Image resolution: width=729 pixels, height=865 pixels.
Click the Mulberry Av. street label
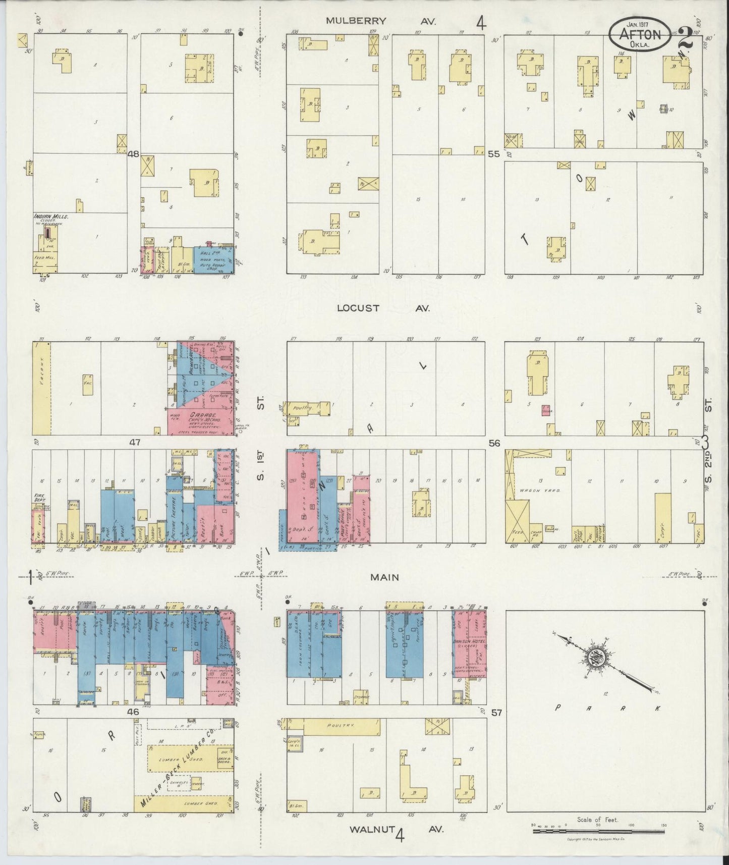pyautogui.click(x=373, y=21)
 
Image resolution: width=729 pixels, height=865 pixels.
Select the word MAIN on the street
pyautogui.click(x=384, y=577)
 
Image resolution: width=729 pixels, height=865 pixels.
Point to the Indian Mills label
pyautogui.click(x=50, y=217)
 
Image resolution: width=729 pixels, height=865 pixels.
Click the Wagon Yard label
pyautogui.click(x=530, y=490)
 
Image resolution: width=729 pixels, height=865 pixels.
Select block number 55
pyautogui.click(x=494, y=154)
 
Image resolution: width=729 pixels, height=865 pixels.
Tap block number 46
pyautogui.click(x=133, y=712)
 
